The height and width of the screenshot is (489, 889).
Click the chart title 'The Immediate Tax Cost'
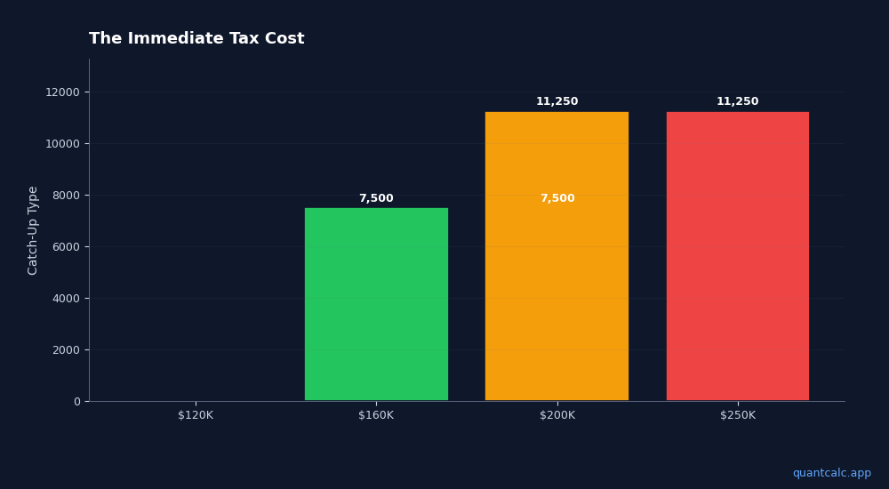point(196,39)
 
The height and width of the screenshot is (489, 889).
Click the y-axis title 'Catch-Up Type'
point(34,230)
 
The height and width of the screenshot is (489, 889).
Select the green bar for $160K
point(376,304)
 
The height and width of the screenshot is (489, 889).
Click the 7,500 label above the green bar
point(376,198)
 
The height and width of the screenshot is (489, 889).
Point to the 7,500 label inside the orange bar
point(557,198)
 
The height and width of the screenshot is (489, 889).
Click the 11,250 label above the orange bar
point(557,101)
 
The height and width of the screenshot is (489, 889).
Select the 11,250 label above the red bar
point(738,101)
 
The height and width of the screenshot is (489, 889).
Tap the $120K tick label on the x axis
point(196,415)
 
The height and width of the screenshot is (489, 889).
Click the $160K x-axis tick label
point(376,415)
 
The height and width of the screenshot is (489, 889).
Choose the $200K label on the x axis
point(557,415)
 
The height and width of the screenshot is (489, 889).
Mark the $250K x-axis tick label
point(738,415)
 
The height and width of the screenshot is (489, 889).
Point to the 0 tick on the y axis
point(76,402)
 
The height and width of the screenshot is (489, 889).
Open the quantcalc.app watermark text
point(831,473)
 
